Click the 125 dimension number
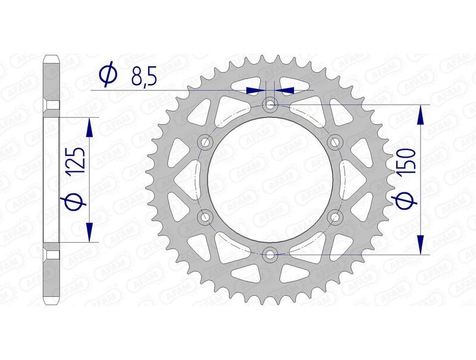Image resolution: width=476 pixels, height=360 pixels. [x=77, y=161]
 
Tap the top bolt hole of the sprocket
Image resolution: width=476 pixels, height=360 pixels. [x=271, y=105]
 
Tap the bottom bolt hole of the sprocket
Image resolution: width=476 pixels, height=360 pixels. [x=271, y=254]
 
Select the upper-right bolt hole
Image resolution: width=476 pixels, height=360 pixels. [x=336, y=142]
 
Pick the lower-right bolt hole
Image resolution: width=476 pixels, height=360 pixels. [x=336, y=217]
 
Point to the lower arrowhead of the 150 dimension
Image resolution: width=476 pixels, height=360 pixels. [x=421, y=245]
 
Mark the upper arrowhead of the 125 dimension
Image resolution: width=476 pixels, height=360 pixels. [x=90, y=127]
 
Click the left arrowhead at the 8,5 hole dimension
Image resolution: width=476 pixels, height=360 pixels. [x=254, y=90]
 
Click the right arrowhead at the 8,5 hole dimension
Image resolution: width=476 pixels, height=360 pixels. [x=286, y=90]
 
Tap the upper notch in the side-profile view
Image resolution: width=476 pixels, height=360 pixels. [x=52, y=105]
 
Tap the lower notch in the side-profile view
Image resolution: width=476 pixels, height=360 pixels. [x=52, y=255]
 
